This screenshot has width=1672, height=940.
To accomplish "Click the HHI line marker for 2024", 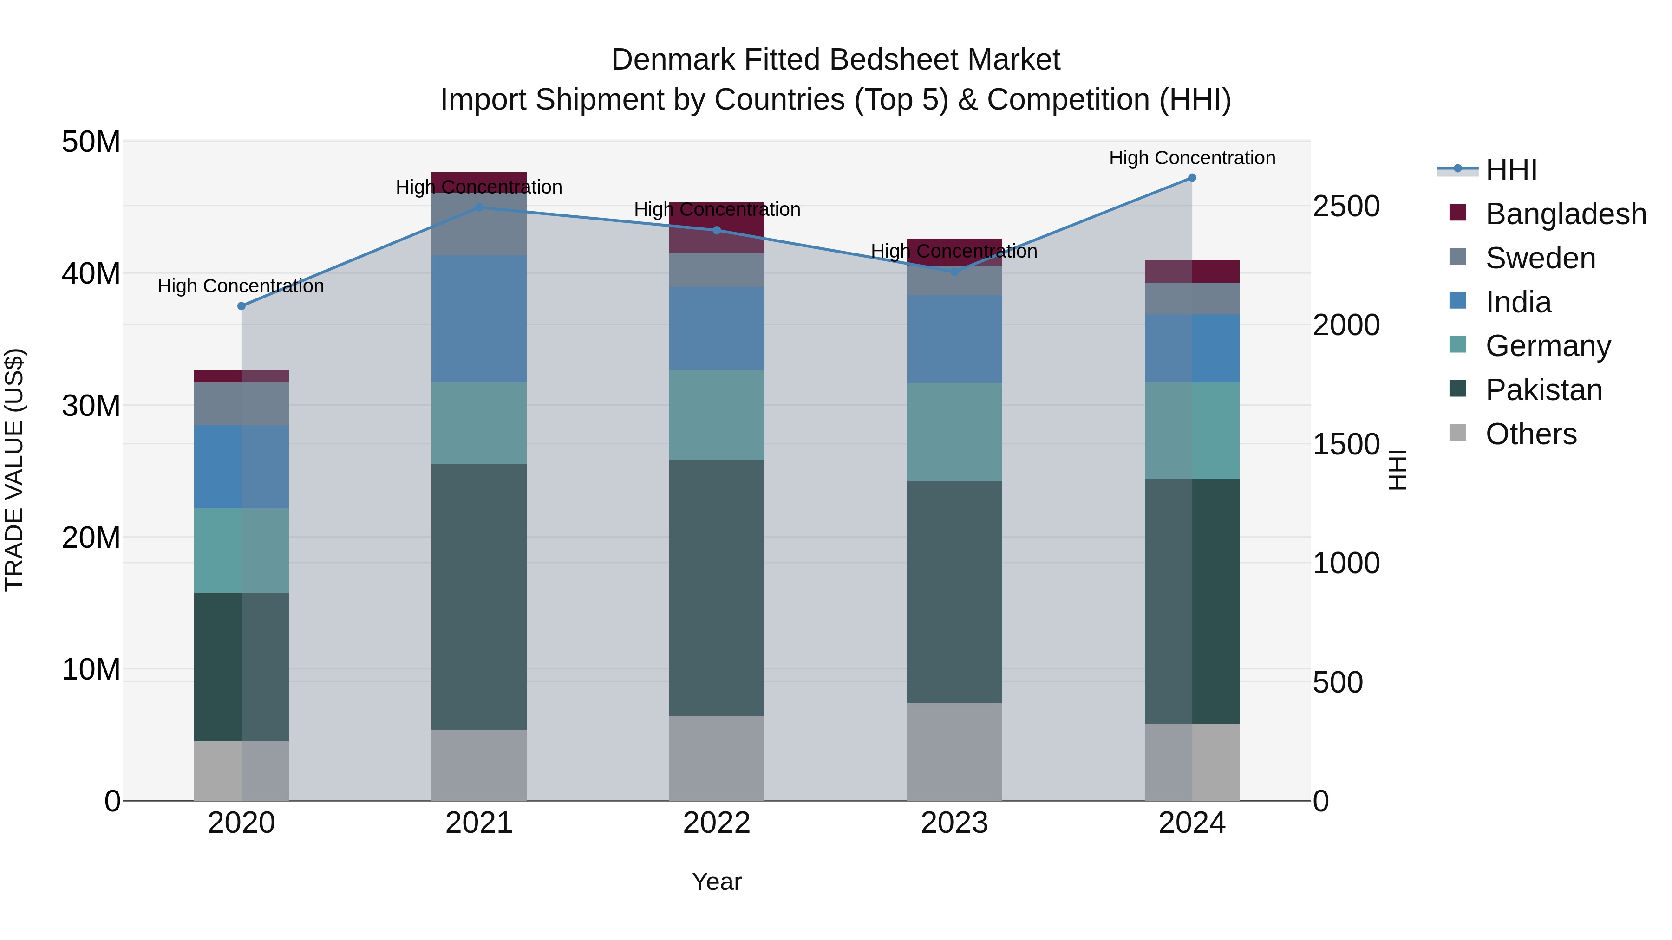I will click(1192, 178).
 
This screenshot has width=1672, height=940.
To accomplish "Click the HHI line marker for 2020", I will click(242, 306).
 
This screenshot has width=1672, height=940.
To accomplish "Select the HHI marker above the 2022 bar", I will click(717, 230).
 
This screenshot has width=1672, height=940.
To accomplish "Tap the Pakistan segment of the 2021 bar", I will click(479, 597).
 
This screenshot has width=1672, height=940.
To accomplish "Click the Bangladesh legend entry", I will click(1565, 214).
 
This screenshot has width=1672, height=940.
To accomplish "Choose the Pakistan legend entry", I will click(1543, 390).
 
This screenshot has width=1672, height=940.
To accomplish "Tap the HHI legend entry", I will click(1511, 170).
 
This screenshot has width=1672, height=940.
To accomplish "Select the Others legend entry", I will click(1530, 434).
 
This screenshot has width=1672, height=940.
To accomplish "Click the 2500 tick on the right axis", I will click(1346, 206).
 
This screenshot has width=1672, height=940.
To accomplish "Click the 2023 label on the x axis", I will click(954, 823).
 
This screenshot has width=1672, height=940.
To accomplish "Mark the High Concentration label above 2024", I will click(1192, 158).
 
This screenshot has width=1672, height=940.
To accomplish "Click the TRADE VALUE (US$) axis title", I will click(14, 470).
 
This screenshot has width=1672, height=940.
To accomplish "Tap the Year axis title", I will click(717, 882).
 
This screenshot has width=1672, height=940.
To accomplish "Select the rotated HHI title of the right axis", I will click(1397, 470).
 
